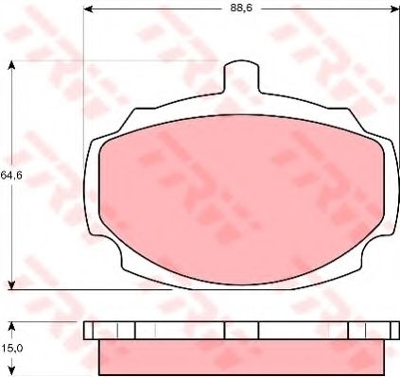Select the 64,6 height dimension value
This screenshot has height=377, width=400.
pos(11,175)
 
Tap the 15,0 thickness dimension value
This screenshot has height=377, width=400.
pos(11,349)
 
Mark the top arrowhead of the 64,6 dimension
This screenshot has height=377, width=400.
pos(11,66)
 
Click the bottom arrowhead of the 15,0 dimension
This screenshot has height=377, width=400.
pos(11,371)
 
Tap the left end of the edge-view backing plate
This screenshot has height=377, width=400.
pos(91,330)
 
